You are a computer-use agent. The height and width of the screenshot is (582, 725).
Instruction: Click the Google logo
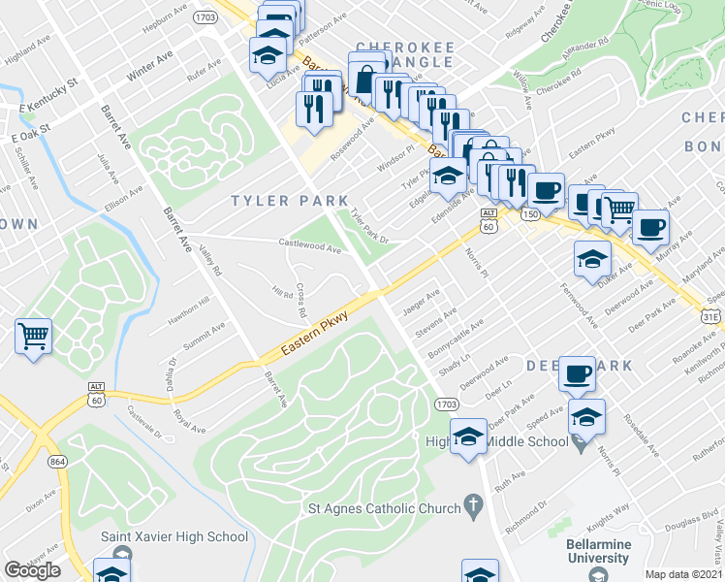pyautogui.click(x=32, y=570)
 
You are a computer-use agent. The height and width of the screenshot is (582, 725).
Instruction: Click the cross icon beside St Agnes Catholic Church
pyautogui.click(x=473, y=504)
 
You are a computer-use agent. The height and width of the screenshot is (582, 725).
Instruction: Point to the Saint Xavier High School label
pyautogui.click(x=174, y=536)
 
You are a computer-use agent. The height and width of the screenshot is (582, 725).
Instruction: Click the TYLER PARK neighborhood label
pyautogui.click(x=288, y=201)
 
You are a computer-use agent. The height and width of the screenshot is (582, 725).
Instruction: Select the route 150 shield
pyautogui.click(x=530, y=213)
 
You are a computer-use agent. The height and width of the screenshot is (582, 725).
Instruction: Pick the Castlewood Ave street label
pyautogui.click(x=310, y=248)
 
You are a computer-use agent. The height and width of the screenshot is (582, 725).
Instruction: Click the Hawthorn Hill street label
pyautogui.click(x=188, y=304)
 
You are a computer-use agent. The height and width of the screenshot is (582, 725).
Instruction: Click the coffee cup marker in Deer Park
pyautogui.click(x=580, y=373)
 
